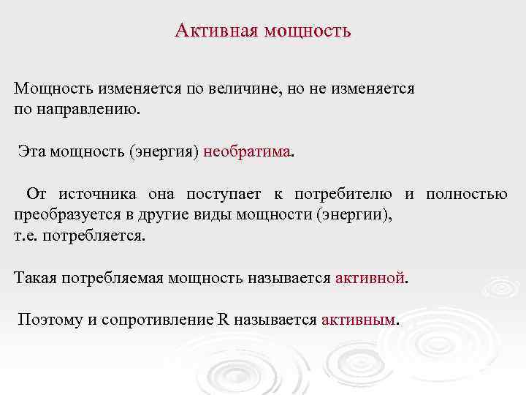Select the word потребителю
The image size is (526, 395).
pos(343,194)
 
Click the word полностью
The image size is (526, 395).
pos(467,194)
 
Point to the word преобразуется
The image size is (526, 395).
pos(58,215)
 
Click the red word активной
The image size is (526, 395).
pos(370,278)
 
